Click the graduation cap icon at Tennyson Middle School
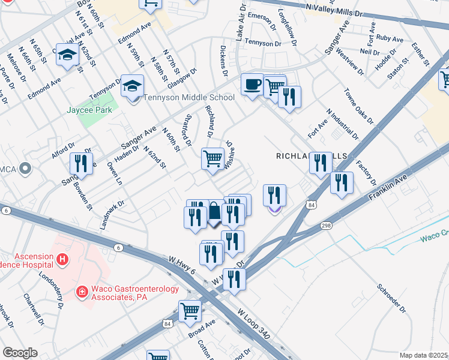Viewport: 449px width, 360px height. click(132, 85)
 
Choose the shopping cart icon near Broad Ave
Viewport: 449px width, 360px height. click(190, 310)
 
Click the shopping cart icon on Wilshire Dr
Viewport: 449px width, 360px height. click(213, 158)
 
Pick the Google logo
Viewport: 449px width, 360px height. click(20, 353)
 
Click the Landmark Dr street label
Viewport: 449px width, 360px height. click(112, 215)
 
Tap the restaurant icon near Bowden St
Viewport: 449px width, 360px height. click(80, 163)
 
